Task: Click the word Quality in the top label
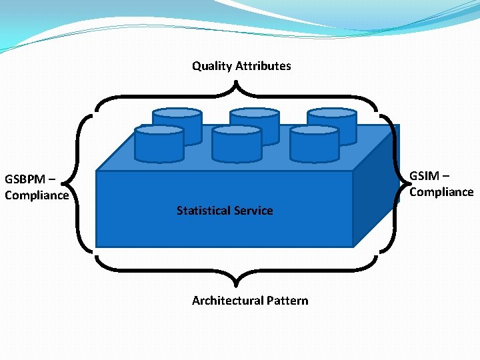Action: point(211,66)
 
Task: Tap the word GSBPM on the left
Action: point(25,179)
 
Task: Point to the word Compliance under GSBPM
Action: point(37,195)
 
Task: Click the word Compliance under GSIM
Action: point(441,192)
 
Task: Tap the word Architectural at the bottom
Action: point(226,301)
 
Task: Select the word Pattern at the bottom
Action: point(288,301)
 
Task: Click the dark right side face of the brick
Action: point(376,193)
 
